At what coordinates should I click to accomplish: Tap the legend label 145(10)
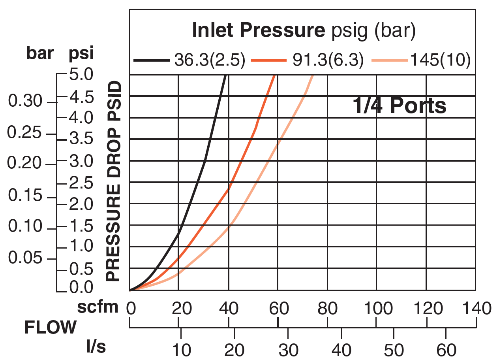(x=441, y=60)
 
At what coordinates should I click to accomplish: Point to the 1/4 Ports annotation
(x=399, y=106)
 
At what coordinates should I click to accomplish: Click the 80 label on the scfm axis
(x=327, y=308)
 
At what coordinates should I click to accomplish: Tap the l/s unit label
(x=96, y=347)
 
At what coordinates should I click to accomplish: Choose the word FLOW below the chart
(x=51, y=328)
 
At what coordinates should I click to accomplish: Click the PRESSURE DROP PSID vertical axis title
(x=113, y=181)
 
